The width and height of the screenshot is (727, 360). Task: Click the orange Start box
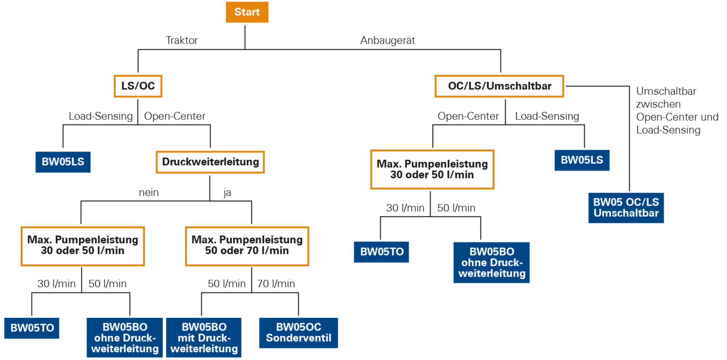(x=247, y=12)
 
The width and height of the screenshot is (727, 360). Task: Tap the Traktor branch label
(x=182, y=40)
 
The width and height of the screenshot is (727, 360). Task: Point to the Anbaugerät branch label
(x=387, y=40)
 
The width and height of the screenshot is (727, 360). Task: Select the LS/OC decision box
(x=138, y=86)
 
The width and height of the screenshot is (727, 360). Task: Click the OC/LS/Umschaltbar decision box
(x=499, y=86)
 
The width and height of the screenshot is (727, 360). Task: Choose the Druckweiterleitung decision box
(x=210, y=162)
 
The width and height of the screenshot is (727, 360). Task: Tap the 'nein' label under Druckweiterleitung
(x=149, y=193)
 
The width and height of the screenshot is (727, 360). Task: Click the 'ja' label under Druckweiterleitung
(x=227, y=193)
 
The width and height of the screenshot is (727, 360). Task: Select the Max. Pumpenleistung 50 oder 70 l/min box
(x=247, y=246)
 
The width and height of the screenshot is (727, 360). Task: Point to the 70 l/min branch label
(x=276, y=284)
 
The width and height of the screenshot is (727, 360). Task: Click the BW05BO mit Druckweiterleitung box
(x=204, y=337)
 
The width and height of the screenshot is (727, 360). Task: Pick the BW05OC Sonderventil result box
(x=298, y=333)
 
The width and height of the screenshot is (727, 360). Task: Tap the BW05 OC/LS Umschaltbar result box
(x=626, y=208)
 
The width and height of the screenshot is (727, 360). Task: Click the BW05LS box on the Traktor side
(x=63, y=162)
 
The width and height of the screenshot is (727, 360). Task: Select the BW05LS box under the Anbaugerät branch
(x=582, y=160)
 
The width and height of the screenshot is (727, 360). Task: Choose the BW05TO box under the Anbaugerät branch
(x=382, y=252)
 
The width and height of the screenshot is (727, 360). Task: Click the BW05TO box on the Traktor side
(x=32, y=328)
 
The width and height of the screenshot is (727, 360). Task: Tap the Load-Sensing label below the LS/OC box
(x=101, y=116)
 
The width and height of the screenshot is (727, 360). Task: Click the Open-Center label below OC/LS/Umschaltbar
(x=468, y=116)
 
